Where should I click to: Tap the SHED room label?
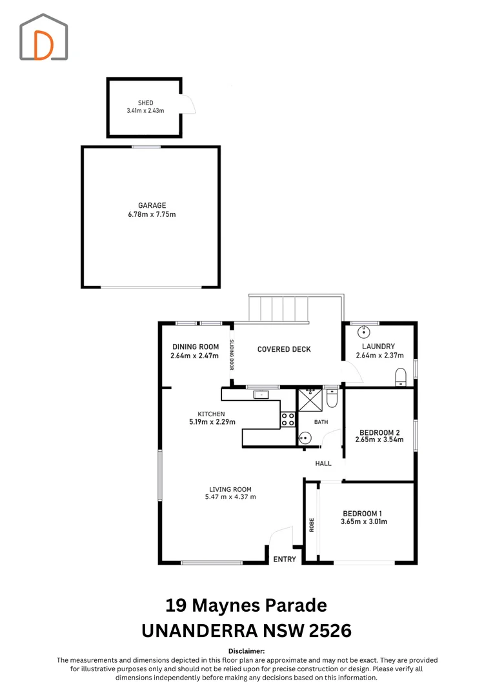pos(145,103)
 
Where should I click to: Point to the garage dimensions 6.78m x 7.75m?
pos(152,214)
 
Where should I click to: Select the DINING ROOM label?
pos(196,347)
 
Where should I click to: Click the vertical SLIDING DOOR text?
pos(232,355)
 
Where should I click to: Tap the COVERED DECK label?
pos(284,349)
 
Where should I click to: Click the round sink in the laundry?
pos(364,332)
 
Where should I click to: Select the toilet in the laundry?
pos(401,378)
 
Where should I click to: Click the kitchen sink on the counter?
pos(261,394)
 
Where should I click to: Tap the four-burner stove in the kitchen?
pos(288,419)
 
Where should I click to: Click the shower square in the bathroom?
pos(310,400)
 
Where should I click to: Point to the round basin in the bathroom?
pos(305,438)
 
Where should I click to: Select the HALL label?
pos(323,463)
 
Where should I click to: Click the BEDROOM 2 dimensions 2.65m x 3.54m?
pos(379,439)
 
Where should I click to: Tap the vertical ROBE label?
pos(312,525)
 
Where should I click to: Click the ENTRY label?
pos(285,559)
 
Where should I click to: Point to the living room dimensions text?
pos(230,497)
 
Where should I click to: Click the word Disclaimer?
pos(246,651)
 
